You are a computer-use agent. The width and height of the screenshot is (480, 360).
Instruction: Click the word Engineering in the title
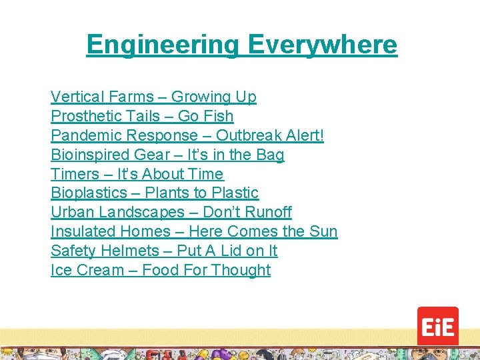click(163, 45)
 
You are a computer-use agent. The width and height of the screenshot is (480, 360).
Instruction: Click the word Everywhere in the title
click(323, 45)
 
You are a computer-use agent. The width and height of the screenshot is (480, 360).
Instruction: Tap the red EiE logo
click(437, 327)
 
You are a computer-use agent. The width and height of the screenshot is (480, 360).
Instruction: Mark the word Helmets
click(126, 251)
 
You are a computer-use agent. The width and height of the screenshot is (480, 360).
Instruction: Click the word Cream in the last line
click(97, 271)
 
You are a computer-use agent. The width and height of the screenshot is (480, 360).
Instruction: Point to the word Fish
click(219, 117)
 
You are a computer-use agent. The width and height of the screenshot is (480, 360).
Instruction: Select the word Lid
click(229, 251)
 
